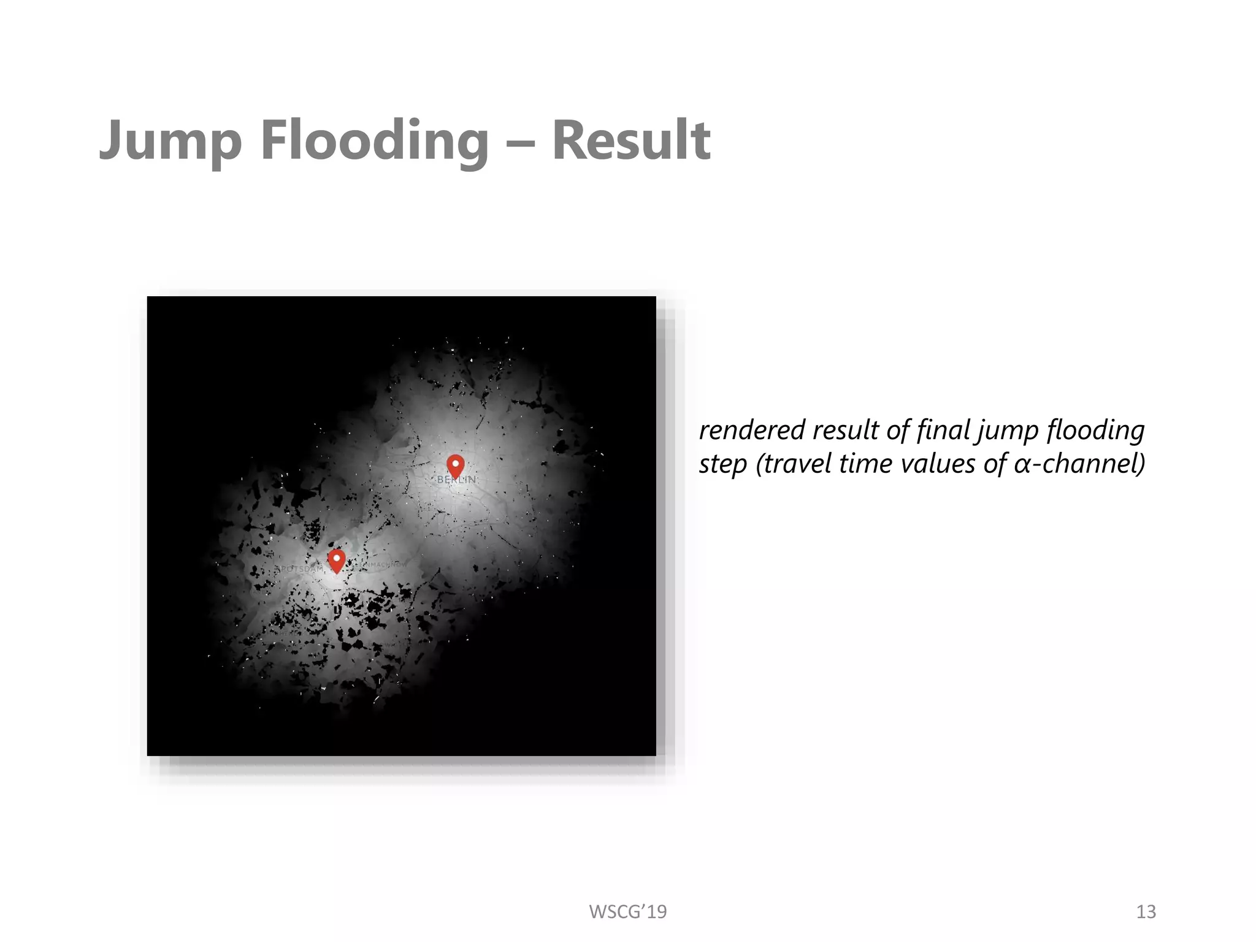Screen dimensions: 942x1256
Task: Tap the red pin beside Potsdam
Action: (x=336, y=560)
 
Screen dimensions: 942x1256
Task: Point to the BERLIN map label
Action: (x=456, y=480)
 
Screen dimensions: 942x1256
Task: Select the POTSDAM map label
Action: (x=299, y=569)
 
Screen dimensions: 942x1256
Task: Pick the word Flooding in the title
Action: (x=375, y=141)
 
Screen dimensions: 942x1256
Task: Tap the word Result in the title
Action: (x=631, y=141)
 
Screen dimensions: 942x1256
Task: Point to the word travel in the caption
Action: (x=797, y=464)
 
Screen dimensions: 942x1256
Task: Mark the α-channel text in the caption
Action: (x=1079, y=464)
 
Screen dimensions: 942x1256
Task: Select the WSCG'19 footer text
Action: (x=627, y=912)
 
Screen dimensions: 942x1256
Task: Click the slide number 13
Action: (x=1146, y=912)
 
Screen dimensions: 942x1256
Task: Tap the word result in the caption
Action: (x=846, y=431)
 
